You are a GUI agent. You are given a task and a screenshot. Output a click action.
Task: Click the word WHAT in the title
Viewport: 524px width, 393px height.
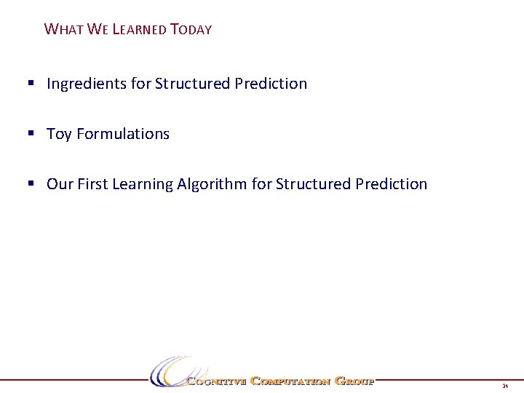tap(64, 30)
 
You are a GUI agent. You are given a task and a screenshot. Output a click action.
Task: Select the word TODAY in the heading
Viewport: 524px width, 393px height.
tap(191, 30)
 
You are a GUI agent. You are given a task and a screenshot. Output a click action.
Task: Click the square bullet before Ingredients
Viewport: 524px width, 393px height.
tap(31, 84)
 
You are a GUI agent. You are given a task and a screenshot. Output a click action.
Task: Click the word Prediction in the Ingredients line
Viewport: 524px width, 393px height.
tap(271, 84)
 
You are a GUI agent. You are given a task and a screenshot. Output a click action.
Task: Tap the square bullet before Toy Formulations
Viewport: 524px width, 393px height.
tap(31, 134)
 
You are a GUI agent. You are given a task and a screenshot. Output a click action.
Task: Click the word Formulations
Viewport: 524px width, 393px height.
tap(123, 134)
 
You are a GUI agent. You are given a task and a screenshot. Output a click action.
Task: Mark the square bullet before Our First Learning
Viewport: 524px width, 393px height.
tap(31, 184)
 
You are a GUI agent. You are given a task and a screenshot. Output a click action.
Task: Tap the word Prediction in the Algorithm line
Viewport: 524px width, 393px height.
tap(391, 184)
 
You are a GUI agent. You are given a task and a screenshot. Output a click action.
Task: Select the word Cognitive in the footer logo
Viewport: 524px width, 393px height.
tap(217, 381)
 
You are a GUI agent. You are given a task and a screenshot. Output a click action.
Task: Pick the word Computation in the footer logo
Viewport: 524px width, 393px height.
tap(290, 381)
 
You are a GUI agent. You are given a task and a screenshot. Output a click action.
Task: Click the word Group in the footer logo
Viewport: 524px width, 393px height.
tap(354, 381)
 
